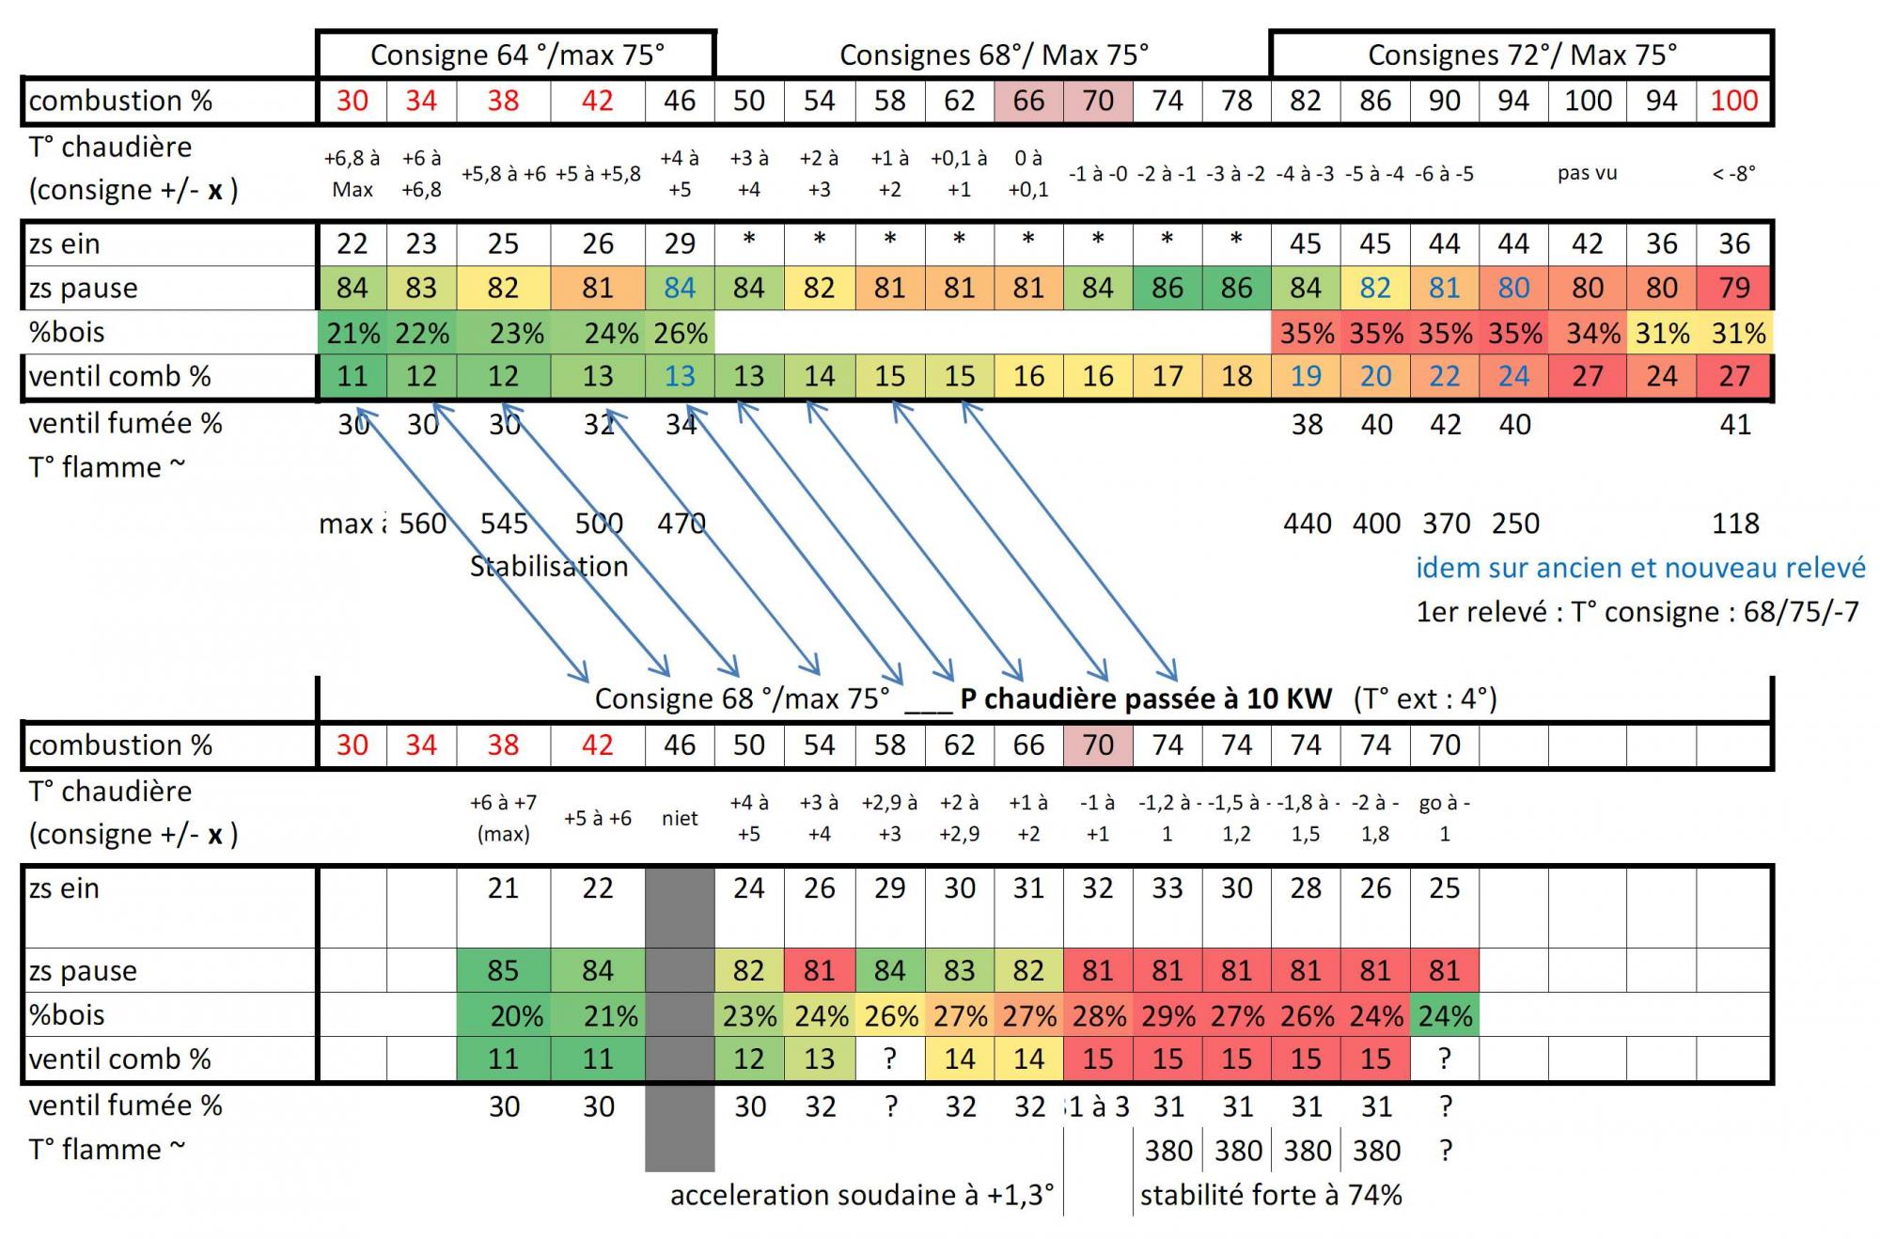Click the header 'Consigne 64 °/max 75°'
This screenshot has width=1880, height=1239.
(x=517, y=55)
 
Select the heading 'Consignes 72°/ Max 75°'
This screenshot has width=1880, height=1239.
(x=1522, y=55)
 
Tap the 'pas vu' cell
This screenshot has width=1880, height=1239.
(x=1587, y=173)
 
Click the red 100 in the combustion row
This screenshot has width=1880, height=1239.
(x=1734, y=101)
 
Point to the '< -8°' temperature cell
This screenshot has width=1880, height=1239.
(x=1734, y=173)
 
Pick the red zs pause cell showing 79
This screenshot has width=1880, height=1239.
(x=1734, y=288)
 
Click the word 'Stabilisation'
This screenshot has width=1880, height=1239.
(x=549, y=566)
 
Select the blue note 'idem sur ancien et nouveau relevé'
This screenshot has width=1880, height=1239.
(x=1640, y=568)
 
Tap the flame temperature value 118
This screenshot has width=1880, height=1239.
(x=1735, y=524)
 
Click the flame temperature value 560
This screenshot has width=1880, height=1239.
(x=423, y=524)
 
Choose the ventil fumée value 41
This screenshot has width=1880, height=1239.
(x=1735, y=424)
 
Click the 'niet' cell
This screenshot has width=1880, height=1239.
(x=680, y=818)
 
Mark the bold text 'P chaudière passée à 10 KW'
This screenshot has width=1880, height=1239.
(x=1146, y=698)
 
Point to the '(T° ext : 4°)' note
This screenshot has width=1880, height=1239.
(x=1425, y=698)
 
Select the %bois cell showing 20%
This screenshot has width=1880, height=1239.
(x=516, y=1015)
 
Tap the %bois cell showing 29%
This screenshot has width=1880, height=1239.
(x=1167, y=1015)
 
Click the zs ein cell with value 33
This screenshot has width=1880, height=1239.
(x=1167, y=888)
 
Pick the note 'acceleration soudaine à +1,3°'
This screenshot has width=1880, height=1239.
(x=862, y=1195)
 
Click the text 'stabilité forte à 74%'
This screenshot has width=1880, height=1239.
(x=1271, y=1195)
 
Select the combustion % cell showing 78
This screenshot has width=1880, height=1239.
(x=1237, y=101)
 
